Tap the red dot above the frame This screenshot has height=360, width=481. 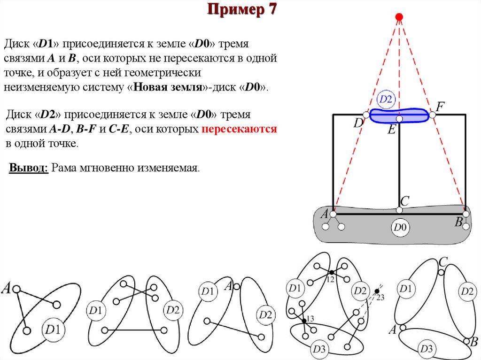[x=399, y=18]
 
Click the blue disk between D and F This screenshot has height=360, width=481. [x=399, y=115]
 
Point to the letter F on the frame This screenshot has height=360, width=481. [x=440, y=107]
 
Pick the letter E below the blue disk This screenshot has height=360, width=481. [x=391, y=130]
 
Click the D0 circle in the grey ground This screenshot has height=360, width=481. [x=400, y=228]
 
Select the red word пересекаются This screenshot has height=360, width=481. [x=240, y=130]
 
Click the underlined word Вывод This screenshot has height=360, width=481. [x=29, y=168]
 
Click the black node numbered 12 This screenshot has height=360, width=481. [x=331, y=273]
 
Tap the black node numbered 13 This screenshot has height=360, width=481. [x=304, y=320]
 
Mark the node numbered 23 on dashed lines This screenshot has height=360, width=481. [x=376, y=292]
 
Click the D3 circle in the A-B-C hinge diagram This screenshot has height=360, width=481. [x=427, y=349]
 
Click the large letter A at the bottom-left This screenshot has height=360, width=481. [x=7, y=288]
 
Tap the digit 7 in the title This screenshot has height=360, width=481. [x=272, y=9]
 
